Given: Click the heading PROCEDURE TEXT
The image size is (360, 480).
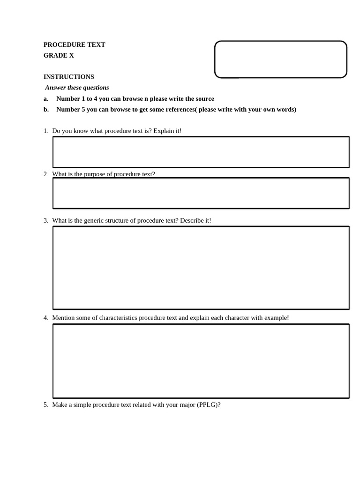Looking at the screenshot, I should [74, 45].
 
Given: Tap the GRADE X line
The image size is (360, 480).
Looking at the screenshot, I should [59, 56].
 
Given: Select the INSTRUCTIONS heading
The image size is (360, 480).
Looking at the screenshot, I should [68, 77].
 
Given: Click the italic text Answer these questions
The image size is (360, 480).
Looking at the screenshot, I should [77, 88].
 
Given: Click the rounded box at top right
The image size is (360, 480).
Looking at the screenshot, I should [280, 59].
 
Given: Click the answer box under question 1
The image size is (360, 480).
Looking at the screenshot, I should [201, 152].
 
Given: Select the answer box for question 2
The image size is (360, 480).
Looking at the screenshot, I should [201, 193].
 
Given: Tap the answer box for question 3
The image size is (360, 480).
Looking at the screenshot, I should [201, 268].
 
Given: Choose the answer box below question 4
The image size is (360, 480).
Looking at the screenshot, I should [201, 361].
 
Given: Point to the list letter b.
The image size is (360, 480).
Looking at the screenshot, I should [46, 110].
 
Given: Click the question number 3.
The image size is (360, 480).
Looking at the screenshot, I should [45, 220].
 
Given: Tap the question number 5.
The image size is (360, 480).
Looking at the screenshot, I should [45, 405].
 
